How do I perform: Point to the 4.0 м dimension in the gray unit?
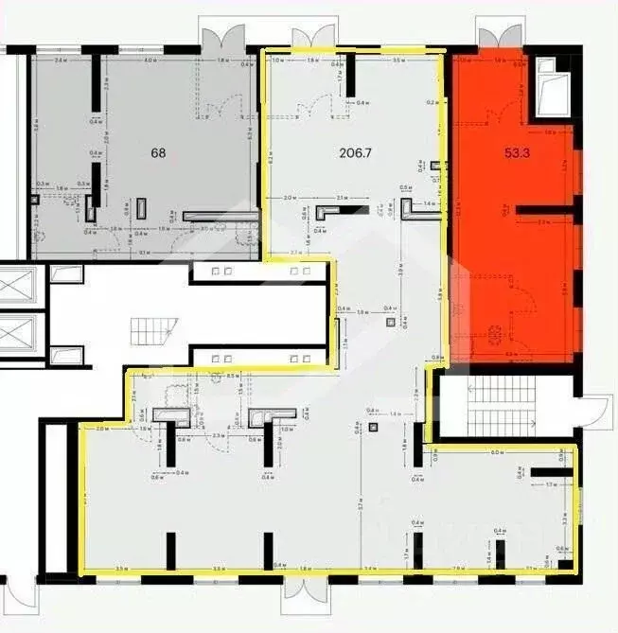coord(150,62)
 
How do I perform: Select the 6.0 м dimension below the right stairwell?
coord(496,452)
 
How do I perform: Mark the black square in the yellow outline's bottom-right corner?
coord(565,566)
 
